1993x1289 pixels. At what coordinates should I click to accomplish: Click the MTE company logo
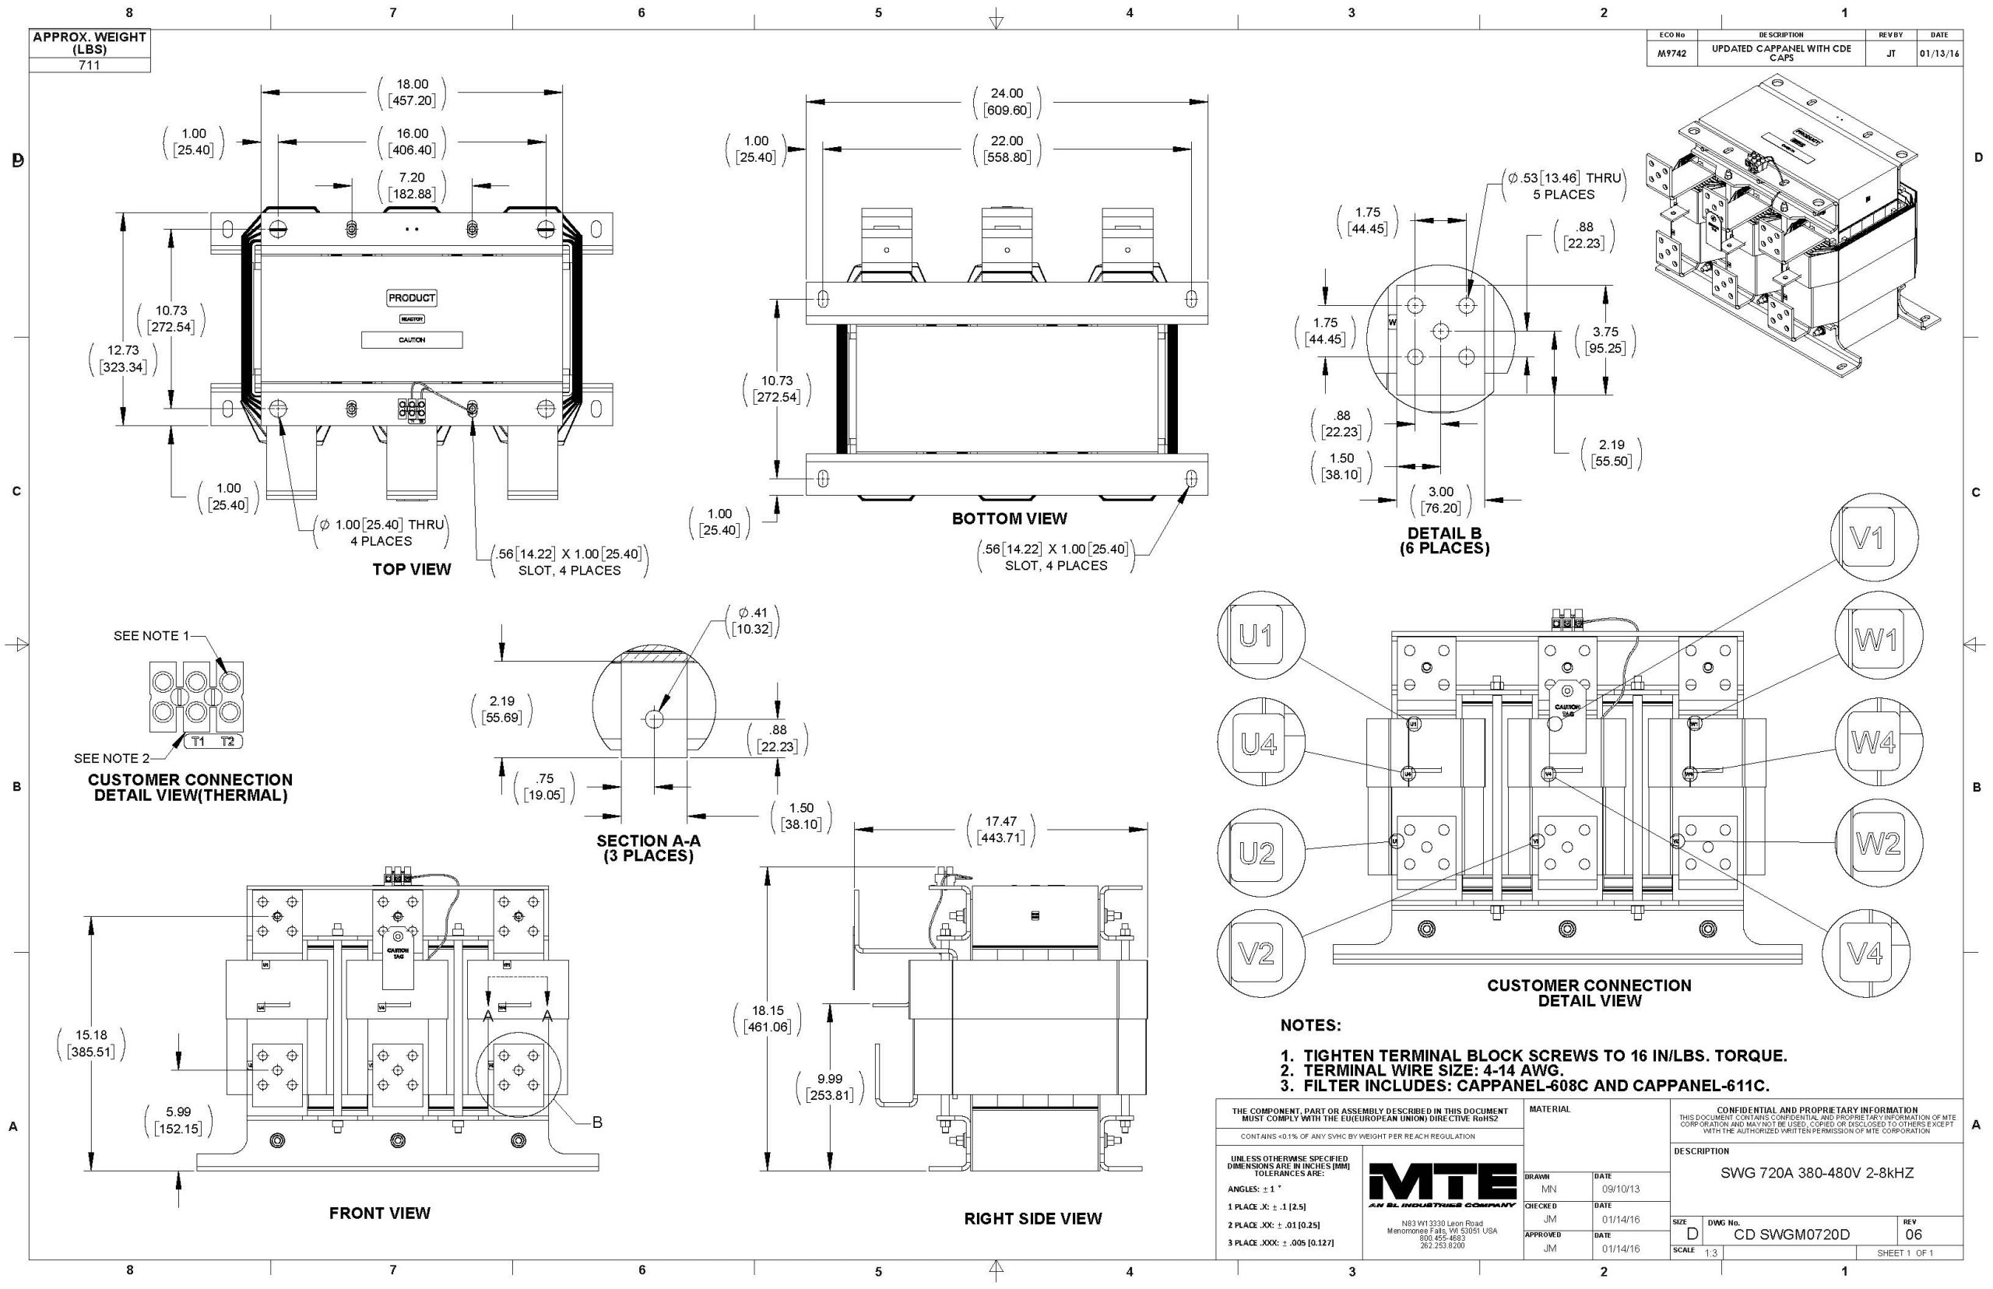tap(1441, 1187)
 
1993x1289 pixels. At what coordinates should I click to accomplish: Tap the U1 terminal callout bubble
tap(1256, 637)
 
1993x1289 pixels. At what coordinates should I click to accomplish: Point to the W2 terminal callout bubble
tap(1879, 844)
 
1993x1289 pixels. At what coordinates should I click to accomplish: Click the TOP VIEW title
tap(411, 570)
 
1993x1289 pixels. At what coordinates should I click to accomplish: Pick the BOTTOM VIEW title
tap(1009, 519)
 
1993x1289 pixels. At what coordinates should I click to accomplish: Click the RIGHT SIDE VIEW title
tap(1032, 1219)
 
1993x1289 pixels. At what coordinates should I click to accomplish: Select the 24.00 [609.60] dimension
tap(1006, 101)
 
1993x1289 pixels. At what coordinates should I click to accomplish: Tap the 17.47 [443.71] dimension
tap(1000, 830)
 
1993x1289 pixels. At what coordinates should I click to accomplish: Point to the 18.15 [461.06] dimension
tap(767, 1019)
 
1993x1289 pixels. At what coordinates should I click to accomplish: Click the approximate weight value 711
tap(89, 65)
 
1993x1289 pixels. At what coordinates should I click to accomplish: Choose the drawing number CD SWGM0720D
tap(1791, 1235)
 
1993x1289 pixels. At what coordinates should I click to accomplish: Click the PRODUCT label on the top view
tap(411, 298)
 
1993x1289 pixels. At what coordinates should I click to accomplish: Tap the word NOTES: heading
tap(1310, 1025)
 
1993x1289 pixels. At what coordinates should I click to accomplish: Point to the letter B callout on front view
tap(597, 1122)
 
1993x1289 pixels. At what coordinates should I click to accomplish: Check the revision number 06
tap(1914, 1235)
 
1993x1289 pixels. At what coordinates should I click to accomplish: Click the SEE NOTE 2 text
tap(111, 758)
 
